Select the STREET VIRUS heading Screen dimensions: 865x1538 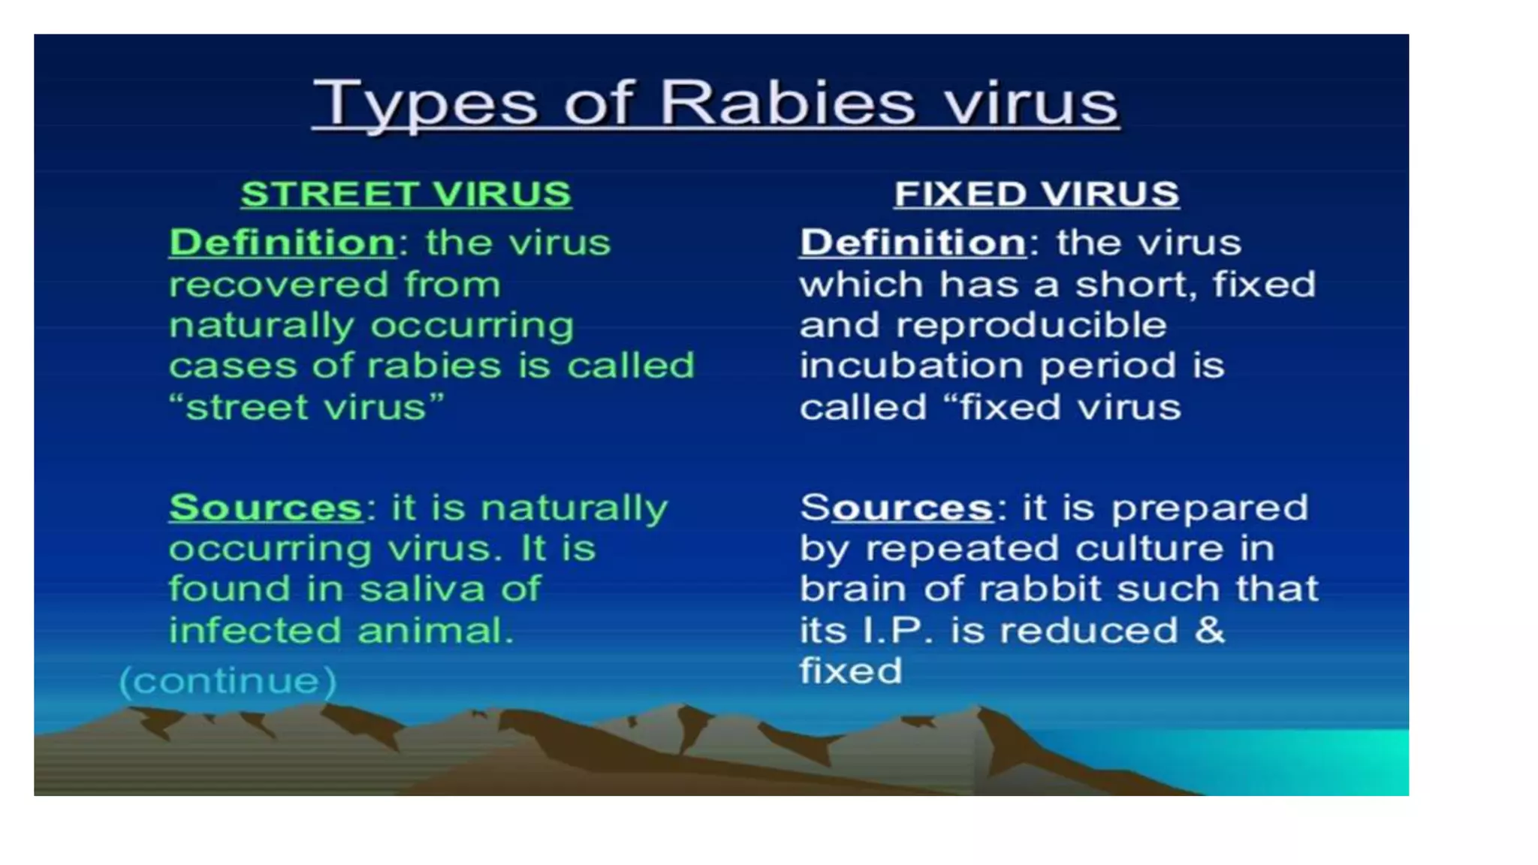coord(406,194)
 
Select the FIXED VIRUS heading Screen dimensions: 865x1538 coord(1036,194)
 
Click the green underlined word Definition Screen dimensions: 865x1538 coord(282,243)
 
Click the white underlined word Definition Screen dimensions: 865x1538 coord(912,243)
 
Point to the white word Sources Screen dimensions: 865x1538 coord(897,508)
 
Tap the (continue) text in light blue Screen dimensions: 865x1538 coord(228,681)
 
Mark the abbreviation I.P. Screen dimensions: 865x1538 coord(896,631)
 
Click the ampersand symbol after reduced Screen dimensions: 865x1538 coord(1209,629)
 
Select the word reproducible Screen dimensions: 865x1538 coord(1031,326)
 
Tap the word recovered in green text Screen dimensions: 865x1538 coord(279,285)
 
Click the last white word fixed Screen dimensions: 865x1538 coord(850,671)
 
